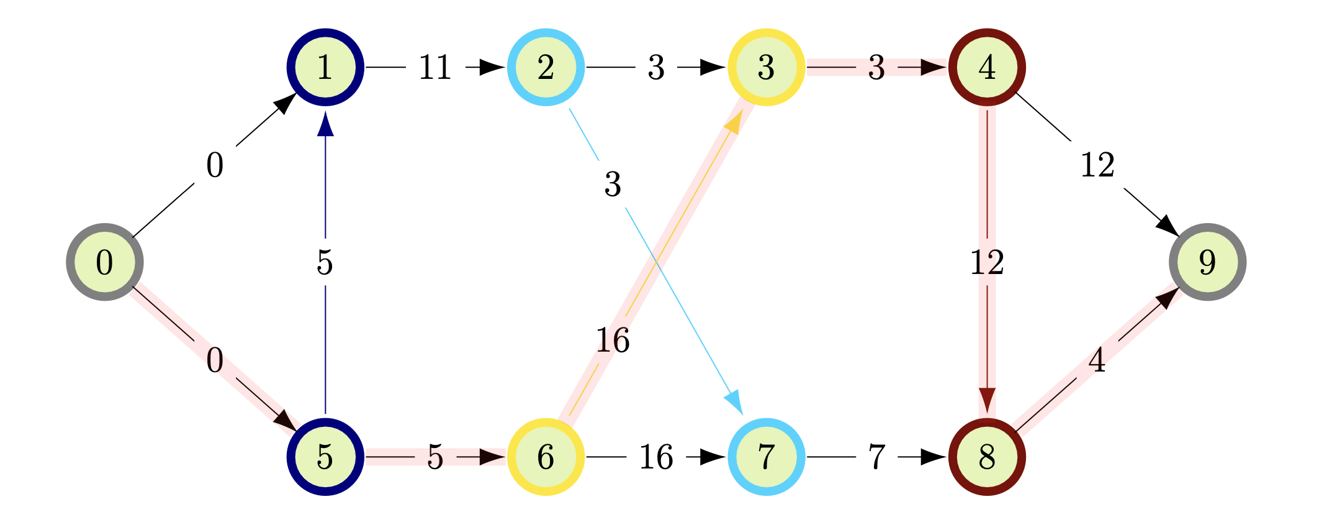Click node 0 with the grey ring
(105, 262)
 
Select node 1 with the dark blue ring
(325, 67)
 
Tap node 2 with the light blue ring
(546, 67)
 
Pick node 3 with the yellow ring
(766, 67)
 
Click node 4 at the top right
(987, 67)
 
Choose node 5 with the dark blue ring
(325, 457)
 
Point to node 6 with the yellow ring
(546, 457)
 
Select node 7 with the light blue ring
(766, 457)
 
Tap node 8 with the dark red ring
(987, 457)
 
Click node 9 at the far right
(1207, 262)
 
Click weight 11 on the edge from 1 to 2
(434, 67)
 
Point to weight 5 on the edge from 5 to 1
(325, 262)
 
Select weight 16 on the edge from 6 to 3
(613, 340)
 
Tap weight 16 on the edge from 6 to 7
(656, 457)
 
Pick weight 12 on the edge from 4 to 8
(987, 262)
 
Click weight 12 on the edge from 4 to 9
(1097, 165)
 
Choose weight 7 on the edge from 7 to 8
(876, 457)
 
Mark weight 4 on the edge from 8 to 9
(1097, 360)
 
